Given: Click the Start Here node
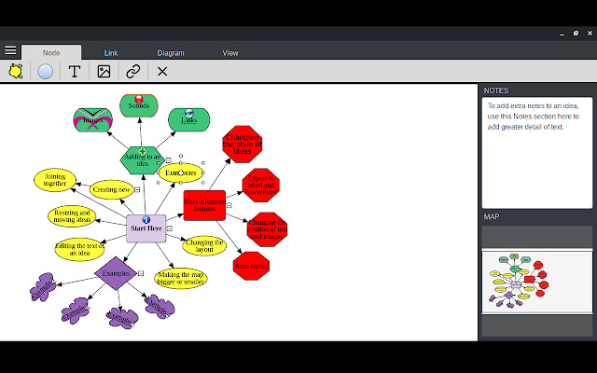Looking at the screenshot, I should click(x=146, y=228).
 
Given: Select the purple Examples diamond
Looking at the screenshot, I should click(x=117, y=272).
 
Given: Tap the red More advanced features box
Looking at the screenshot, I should click(x=204, y=204).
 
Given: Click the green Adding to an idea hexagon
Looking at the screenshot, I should click(x=143, y=158).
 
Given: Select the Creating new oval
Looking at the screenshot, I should click(x=112, y=189).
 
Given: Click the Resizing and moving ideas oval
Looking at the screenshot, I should click(x=72, y=216).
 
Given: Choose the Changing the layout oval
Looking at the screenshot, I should click(x=203, y=245).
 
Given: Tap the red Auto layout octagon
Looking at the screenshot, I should click(x=251, y=266).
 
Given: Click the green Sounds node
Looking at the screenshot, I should click(x=139, y=105).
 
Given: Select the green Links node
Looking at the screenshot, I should click(x=188, y=118).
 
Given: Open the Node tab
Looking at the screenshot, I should click(x=51, y=53).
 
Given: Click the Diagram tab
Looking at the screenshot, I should click(x=171, y=53).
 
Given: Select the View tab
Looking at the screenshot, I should click(x=230, y=53).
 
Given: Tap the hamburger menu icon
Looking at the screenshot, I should click(x=10, y=50).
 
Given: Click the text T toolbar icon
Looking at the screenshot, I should click(x=75, y=71).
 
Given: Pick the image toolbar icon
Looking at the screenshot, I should click(x=104, y=71).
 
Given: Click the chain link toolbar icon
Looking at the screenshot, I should click(x=133, y=71).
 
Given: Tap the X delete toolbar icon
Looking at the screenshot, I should click(x=162, y=71).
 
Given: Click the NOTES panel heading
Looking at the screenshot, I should click(x=496, y=90).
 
